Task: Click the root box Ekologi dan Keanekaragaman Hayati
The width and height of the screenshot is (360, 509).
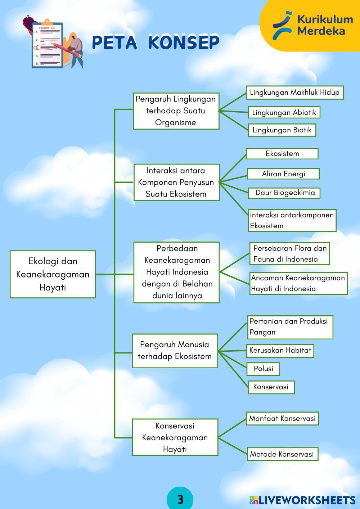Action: [53, 274]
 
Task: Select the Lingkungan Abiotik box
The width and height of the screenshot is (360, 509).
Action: [284, 112]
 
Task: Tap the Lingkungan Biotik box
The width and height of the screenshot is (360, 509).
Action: [282, 130]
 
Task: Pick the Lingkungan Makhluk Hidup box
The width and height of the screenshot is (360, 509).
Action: [294, 93]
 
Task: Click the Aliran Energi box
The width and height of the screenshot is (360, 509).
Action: [283, 174]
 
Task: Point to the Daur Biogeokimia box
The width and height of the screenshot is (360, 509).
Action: [284, 193]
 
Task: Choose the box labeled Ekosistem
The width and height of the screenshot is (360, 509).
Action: [282, 154]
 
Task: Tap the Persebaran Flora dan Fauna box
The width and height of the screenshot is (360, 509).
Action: [289, 253]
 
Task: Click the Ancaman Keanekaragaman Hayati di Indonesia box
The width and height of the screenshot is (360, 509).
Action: [298, 283]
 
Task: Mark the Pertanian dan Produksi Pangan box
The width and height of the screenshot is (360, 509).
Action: [290, 327]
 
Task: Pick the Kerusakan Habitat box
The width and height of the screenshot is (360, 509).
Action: [280, 350]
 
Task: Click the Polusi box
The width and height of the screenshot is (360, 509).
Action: [263, 369]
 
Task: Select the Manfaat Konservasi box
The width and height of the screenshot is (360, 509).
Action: [282, 418]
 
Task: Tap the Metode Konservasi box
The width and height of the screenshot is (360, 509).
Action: [282, 454]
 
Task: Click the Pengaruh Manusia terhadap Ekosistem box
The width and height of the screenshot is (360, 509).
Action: [175, 351]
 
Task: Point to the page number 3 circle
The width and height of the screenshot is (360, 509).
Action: [180, 499]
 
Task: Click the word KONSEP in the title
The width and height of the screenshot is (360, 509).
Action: [184, 42]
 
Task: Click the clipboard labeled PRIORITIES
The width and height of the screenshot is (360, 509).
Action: [48, 45]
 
